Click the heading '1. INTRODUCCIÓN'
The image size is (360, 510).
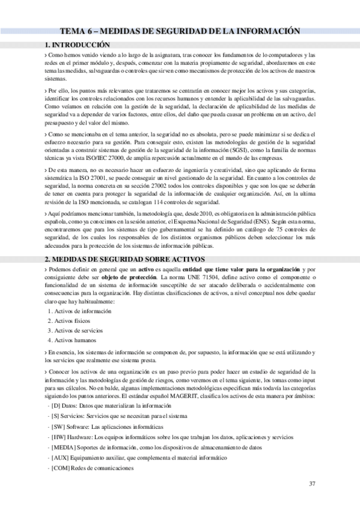[x=78, y=45]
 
